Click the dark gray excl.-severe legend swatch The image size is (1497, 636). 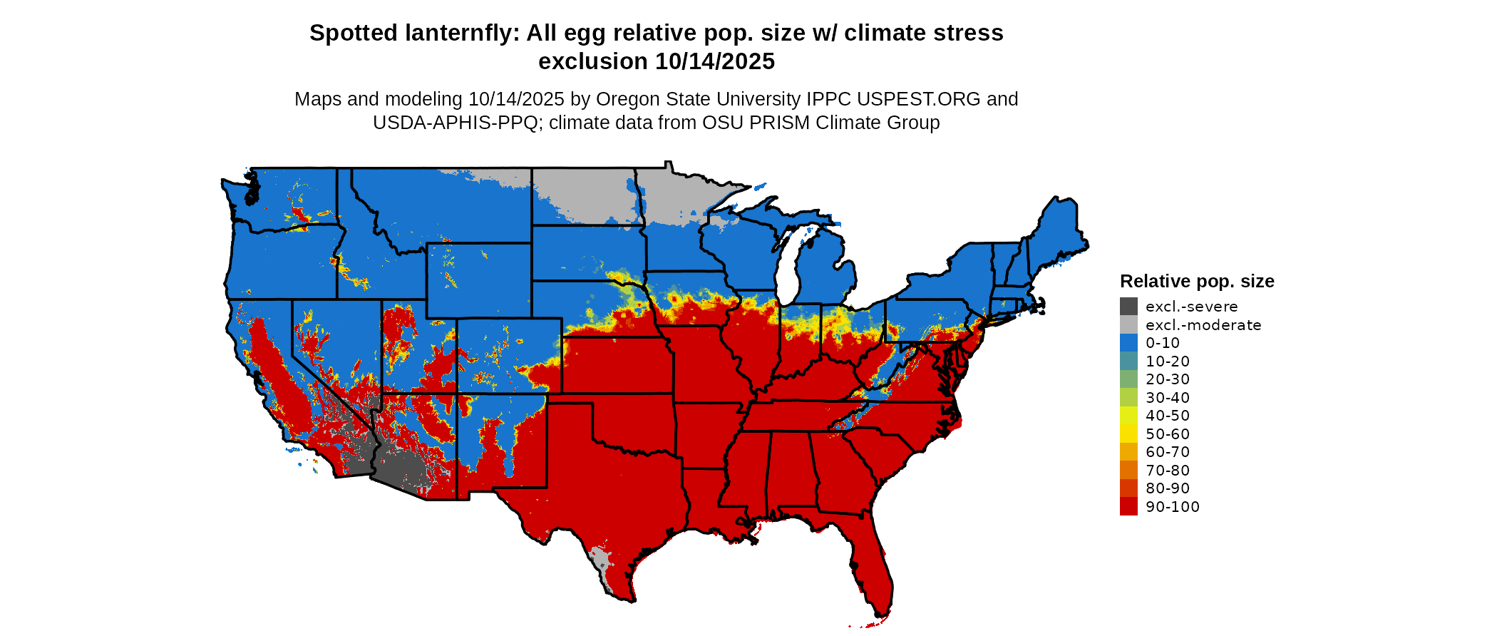coord(1128,307)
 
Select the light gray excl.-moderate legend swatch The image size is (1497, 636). coord(1128,324)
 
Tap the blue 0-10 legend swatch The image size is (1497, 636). coord(1128,343)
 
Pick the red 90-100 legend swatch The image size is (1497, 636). coord(1128,506)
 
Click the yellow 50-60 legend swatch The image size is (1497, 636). coord(1128,434)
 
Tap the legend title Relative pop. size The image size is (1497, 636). coord(1197,281)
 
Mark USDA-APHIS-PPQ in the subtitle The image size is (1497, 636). coord(455,123)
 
